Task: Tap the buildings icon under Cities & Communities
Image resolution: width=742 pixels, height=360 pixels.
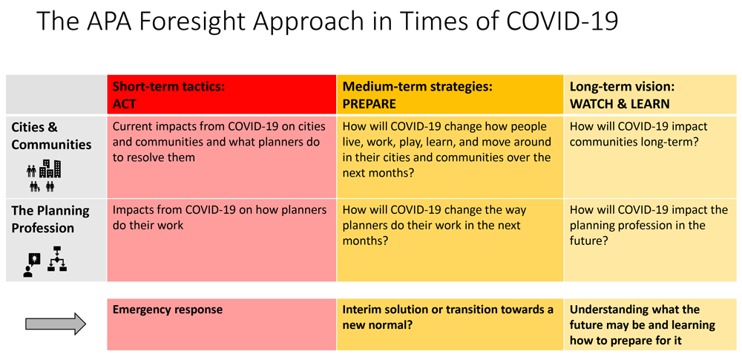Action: click(x=50, y=169)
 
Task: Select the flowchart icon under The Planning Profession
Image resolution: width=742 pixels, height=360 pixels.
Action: click(x=57, y=258)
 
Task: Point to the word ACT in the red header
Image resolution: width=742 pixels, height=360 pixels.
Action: click(x=124, y=104)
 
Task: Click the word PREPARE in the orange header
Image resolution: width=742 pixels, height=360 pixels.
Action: click(x=369, y=104)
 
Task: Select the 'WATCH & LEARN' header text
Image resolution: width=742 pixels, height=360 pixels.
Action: click(x=620, y=104)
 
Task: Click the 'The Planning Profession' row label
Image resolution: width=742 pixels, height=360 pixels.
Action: click(x=50, y=219)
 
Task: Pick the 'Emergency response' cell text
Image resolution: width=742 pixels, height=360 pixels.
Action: click(x=168, y=310)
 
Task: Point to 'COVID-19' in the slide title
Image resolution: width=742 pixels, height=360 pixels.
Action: click(x=562, y=21)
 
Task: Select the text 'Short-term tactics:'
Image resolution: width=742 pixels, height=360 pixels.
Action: click(x=168, y=87)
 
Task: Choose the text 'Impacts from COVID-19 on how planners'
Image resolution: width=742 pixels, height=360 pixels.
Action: click(x=220, y=210)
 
